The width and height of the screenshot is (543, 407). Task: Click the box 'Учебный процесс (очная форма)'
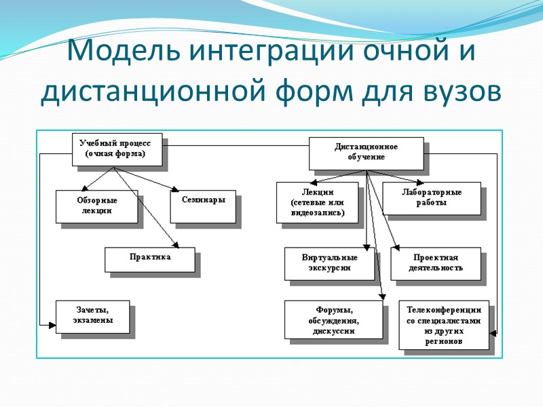[119, 149]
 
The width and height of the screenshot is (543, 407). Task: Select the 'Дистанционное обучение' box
[366, 153]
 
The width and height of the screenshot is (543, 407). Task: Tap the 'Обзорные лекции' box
[96, 206]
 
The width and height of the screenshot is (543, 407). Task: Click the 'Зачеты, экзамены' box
[92, 316]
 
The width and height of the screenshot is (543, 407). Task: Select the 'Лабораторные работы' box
[431, 197]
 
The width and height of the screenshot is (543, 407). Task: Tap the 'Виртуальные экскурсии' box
[329, 263]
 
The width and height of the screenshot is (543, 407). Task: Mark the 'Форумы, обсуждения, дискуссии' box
[332, 319]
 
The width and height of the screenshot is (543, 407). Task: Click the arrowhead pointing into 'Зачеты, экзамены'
[52, 325]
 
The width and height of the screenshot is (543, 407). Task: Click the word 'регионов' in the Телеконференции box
[444, 342]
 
